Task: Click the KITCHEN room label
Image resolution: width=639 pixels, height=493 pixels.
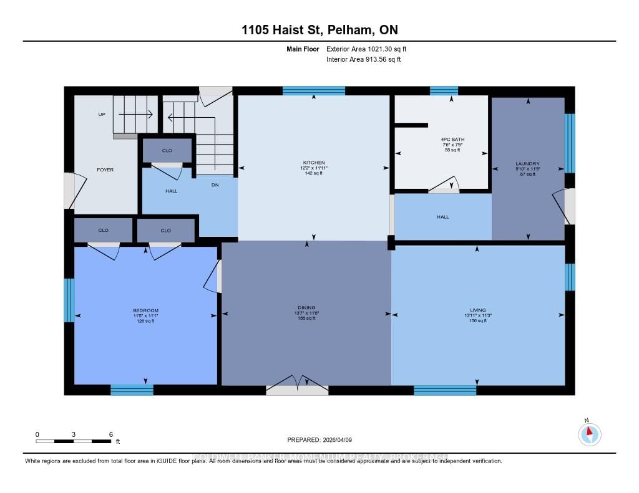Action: (313, 163)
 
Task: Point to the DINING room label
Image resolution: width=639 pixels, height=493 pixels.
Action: (306, 307)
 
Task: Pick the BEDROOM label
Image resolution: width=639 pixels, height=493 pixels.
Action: (145, 310)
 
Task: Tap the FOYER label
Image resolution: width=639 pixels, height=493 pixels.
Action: (105, 170)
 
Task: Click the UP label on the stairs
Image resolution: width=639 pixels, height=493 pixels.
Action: (101, 115)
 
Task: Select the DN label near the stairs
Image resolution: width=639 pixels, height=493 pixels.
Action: (215, 185)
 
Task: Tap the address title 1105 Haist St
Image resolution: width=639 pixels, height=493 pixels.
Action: (319, 30)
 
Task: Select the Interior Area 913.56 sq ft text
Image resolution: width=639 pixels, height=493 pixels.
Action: (363, 59)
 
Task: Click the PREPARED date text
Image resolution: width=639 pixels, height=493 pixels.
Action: (319, 440)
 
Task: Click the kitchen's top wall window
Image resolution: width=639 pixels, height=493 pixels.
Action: (313, 90)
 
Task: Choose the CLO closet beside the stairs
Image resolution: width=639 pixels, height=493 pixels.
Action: (167, 150)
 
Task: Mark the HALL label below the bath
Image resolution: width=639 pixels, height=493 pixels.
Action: (442, 217)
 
